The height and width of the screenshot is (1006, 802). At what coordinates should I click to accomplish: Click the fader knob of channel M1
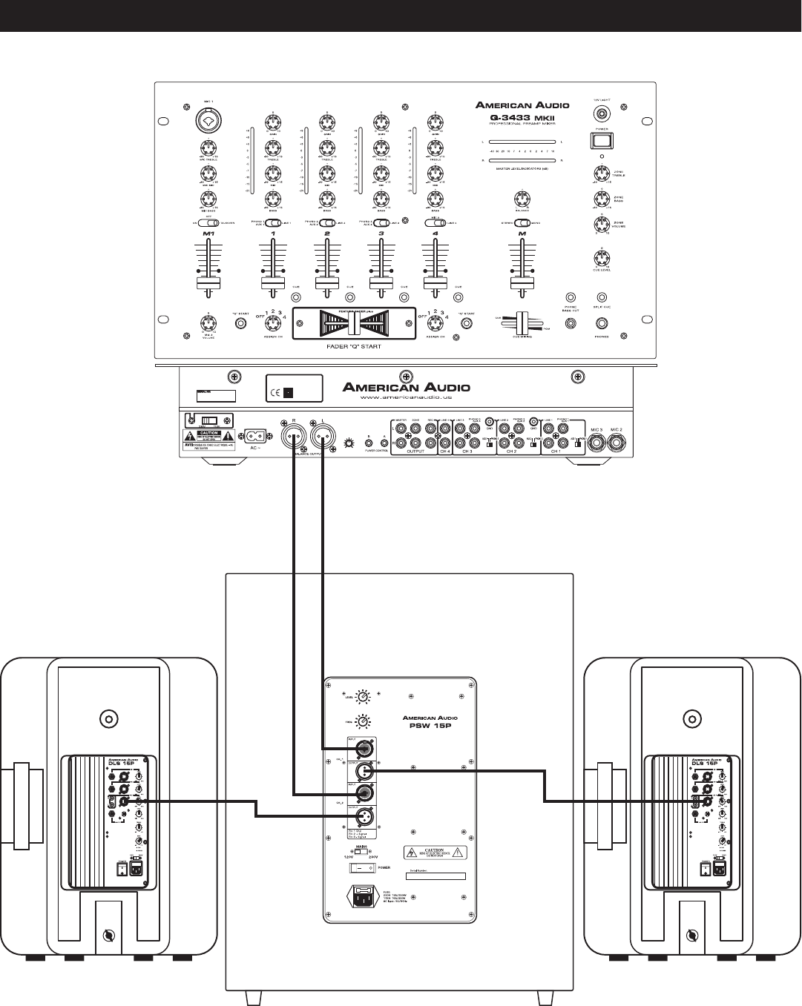pos(208,284)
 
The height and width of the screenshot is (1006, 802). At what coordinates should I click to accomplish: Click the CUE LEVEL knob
pos(602,259)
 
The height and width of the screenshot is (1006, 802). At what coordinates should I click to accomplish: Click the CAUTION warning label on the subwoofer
pos(433,853)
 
